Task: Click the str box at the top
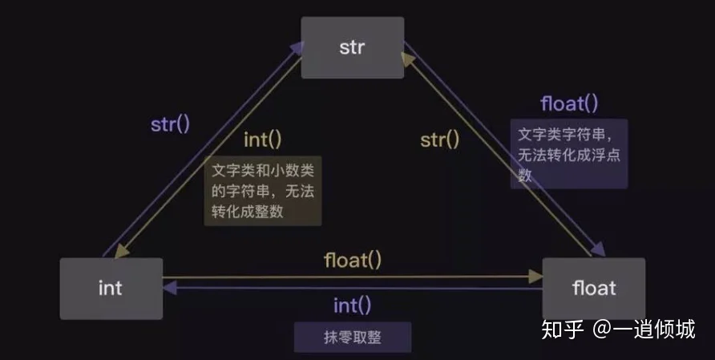click(352, 47)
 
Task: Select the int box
click(111, 288)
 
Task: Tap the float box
click(593, 288)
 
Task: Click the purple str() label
click(171, 125)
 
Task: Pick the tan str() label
click(440, 140)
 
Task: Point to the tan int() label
click(263, 140)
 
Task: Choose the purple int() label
click(353, 305)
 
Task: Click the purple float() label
click(569, 103)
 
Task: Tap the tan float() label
click(353, 260)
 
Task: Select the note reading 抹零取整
click(353, 338)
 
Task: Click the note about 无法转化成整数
click(264, 191)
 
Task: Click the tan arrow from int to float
click(353, 277)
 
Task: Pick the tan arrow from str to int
click(211, 157)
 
